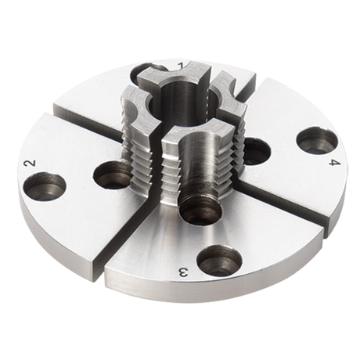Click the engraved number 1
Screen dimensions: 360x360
point(182,64)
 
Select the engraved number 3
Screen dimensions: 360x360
point(183,272)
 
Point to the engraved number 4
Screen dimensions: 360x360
point(333,163)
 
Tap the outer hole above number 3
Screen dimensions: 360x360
point(219,260)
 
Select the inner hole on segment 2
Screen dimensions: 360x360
point(113,174)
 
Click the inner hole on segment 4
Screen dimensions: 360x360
point(255,150)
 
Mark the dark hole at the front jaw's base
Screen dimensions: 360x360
point(199,209)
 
